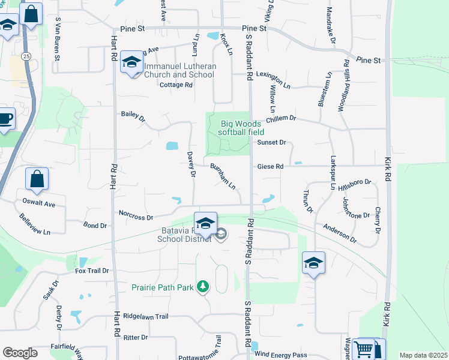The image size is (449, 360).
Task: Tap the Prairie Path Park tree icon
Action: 203,287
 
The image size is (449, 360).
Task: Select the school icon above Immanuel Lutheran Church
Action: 131,62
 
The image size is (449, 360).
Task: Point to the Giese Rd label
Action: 270,166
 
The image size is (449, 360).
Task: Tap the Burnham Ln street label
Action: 222,176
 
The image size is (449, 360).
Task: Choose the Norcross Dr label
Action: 136,215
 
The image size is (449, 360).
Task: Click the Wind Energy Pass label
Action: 282,355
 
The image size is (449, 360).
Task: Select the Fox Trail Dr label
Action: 92,271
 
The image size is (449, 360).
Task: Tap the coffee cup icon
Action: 5,119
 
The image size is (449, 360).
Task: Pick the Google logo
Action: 20,353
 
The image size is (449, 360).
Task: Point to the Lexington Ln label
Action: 277,75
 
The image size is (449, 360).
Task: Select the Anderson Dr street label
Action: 340,233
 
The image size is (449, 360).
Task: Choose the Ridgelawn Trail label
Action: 146,315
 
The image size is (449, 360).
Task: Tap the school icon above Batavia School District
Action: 205,223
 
